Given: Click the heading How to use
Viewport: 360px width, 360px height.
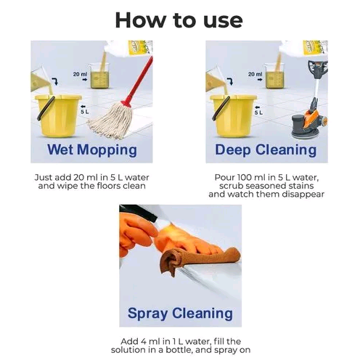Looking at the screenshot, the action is click(x=179, y=20).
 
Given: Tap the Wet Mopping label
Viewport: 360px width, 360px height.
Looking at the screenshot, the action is click(x=92, y=150).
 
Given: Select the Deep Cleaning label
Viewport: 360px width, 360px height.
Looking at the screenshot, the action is click(x=266, y=150).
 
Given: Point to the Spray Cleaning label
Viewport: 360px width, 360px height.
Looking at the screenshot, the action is click(x=180, y=314).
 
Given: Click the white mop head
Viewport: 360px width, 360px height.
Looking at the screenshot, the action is click(x=111, y=120).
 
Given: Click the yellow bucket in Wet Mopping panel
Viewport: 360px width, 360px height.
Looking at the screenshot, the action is click(x=58, y=115).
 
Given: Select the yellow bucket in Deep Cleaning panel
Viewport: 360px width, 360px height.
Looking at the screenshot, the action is click(x=233, y=115).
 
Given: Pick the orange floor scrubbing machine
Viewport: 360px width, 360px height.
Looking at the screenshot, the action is click(x=311, y=102).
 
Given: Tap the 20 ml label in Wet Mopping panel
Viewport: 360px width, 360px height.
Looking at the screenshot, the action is click(x=80, y=74).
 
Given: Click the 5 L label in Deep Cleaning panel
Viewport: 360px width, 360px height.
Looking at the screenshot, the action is click(x=258, y=112).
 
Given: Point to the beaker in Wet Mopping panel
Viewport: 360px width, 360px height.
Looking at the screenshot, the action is click(x=99, y=75).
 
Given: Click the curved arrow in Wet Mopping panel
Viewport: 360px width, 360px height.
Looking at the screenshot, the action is click(x=55, y=81).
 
